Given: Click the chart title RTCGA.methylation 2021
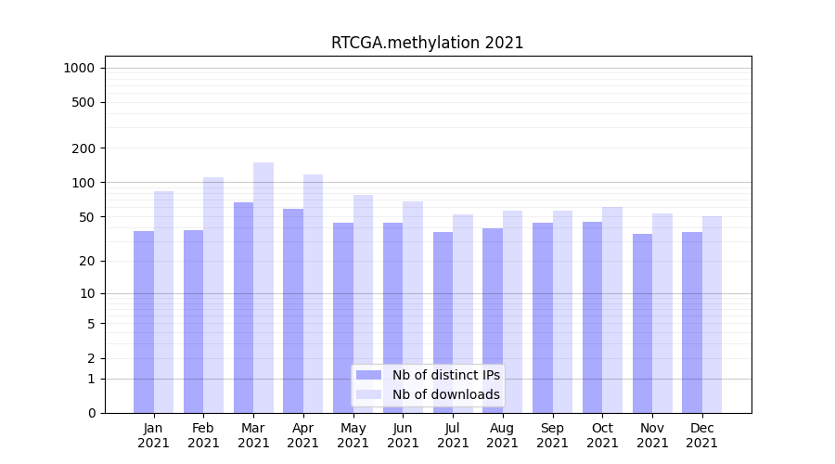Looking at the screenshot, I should (427, 43).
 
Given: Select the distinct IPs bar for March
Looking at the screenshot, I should (243, 307).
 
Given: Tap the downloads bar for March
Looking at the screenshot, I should (263, 288).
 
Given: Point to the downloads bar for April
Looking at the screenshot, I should (313, 293).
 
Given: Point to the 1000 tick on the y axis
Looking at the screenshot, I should (80, 68).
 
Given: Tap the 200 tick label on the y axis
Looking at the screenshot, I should (84, 148).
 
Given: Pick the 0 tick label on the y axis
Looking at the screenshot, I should (91, 413).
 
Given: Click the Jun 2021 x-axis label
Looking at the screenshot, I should (403, 435).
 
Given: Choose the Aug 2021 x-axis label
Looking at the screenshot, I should (503, 435).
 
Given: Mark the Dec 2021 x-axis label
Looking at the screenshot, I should (702, 435).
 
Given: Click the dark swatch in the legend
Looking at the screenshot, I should (368, 375).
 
